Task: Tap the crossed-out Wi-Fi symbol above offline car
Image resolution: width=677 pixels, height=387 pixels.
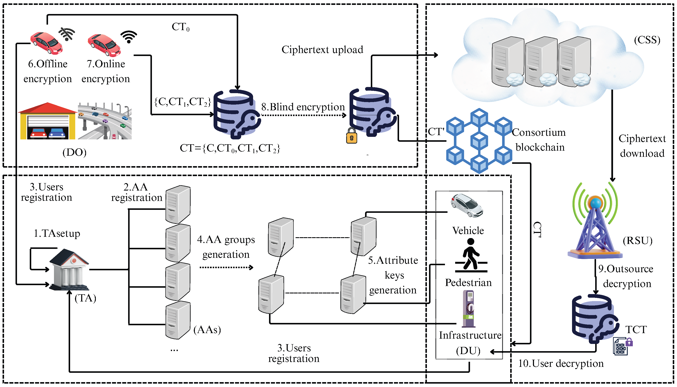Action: pos(67,34)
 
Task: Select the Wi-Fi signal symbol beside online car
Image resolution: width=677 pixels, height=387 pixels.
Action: pos(129,37)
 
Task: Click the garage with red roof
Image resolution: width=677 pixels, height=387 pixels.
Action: pos(47,121)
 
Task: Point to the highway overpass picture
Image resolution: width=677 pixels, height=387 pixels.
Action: pos(105,121)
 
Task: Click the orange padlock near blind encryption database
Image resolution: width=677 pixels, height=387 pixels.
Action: pos(351,136)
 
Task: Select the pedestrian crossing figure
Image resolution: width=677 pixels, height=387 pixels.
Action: pos(471,255)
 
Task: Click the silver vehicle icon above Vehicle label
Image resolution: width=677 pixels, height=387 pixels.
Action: pos(467,205)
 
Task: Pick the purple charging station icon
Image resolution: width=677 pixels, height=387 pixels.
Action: pos(469,308)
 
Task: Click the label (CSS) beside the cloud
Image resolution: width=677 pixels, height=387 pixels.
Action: pos(647,40)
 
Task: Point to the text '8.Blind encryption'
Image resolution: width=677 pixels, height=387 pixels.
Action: pos(303,107)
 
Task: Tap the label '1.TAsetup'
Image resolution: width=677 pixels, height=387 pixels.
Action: pos(57,233)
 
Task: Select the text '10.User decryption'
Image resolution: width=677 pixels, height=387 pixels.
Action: pos(561,363)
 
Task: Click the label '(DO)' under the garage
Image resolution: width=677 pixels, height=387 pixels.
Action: pos(75,152)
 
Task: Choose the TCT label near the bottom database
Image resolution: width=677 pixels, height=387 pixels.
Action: pos(636,330)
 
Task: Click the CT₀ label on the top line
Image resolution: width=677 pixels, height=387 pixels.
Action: pos(181,27)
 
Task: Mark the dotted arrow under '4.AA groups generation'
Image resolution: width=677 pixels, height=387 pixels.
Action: pos(226,267)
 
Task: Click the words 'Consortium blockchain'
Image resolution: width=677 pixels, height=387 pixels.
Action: pos(539,140)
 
